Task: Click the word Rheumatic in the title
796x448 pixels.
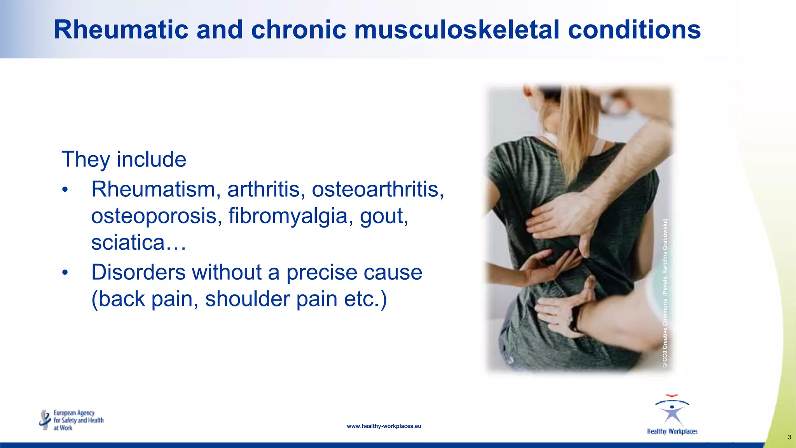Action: coord(121,30)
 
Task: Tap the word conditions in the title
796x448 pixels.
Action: coord(634,30)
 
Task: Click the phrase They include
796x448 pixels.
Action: coord(124,159)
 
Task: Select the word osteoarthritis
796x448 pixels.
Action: coord(377,189)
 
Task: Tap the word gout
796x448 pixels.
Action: coord(384,217)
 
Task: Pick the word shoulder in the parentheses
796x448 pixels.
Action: coord(247,299)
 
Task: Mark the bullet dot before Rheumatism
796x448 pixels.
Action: coord(65,190)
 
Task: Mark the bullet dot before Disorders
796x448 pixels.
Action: coord(65,273)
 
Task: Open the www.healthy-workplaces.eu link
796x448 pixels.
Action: coord(384,426)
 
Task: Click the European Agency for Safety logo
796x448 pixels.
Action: coord(72,420)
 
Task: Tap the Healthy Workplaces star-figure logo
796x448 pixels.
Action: coord(672,415)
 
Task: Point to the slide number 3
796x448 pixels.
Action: coord(789,437)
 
